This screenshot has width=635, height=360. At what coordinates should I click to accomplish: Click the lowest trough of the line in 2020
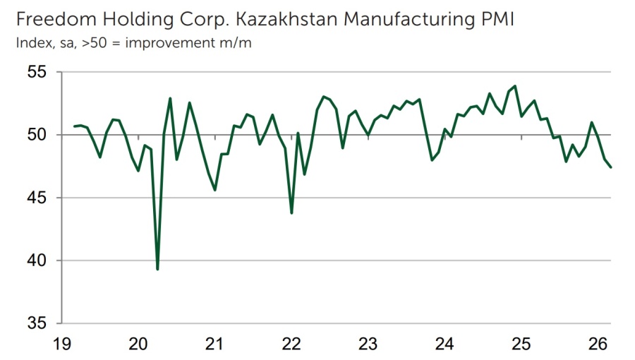tap(157, 269)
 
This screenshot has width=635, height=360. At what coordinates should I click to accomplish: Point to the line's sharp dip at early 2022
tap(291, 212)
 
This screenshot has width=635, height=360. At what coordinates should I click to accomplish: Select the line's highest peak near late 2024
tap(514, 86)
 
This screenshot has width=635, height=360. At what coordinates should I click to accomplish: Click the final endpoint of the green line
tap(610, 167)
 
